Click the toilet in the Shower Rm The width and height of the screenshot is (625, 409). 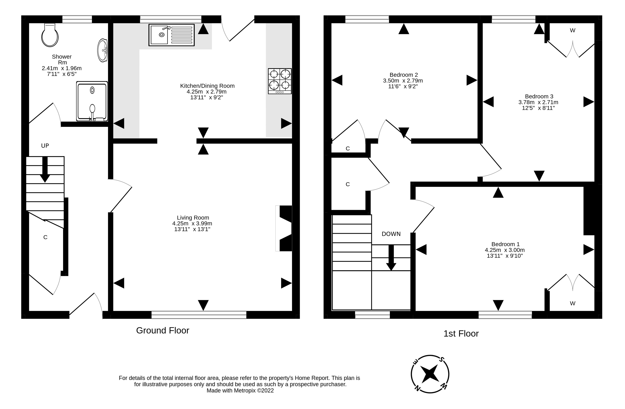[x=50, y=36]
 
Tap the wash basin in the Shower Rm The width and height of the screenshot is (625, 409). [x=102, y=50]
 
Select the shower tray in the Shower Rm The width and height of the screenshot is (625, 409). [x=92, y=101]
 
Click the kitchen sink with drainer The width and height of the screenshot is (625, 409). [x=171, y=35]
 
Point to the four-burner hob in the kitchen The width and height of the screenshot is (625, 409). [x=280, y=81]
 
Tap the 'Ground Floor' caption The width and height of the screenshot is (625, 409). [x=163, y=330]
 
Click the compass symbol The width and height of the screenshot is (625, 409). [x=430, y=374]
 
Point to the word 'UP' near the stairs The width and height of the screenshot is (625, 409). [x=45, y=146]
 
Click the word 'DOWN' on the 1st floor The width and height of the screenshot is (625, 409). [x=391, y=234]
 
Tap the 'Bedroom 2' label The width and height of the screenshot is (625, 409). [x=404, y=75]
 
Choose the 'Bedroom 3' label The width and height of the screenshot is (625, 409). [x=539, y=96]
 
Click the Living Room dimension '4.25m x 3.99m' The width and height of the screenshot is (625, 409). [x=192, y=223]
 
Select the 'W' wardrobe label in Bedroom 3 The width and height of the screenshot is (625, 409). [x=572, y=31]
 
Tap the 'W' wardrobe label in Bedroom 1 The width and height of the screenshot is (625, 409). [x=572, y=303]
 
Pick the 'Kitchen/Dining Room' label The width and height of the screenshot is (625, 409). [x=207, y=86]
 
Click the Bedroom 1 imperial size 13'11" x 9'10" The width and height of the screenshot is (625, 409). [x=505, y=256]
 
